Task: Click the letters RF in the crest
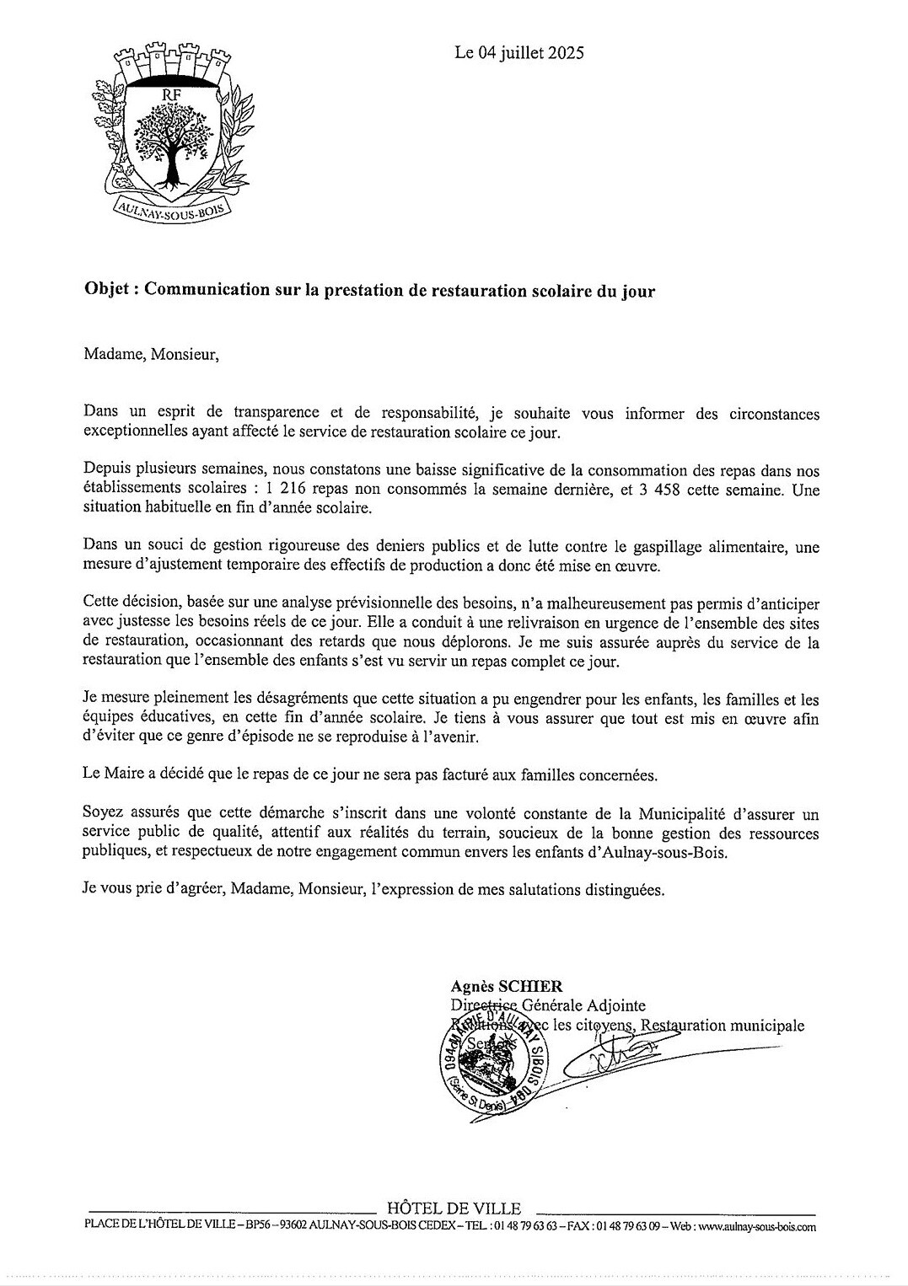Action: coord(172,95)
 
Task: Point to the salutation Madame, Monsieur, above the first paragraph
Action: coord(151,354)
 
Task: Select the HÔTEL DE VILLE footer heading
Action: coord(454,1208)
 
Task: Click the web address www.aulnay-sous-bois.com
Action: coord(757,1227)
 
